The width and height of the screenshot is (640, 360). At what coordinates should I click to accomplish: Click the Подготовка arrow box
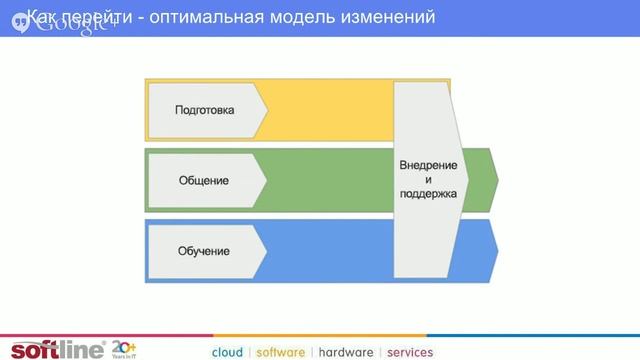click(x=205, y=110)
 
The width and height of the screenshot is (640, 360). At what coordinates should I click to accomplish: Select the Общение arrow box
click(x=205, y=180)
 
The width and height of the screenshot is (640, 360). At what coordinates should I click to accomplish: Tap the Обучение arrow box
click(x=205, y=250)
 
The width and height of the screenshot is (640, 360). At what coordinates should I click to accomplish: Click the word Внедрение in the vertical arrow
click(x=428, y=164)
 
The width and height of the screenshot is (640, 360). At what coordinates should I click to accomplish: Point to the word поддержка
click(x=428, y=194)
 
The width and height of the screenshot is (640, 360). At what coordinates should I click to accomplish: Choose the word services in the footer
click(x=410, y=352)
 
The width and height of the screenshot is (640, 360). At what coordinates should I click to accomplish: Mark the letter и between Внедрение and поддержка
click(x=428, y=179)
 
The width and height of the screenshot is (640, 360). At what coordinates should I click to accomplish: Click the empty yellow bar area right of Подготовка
click(x=330, y=110)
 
